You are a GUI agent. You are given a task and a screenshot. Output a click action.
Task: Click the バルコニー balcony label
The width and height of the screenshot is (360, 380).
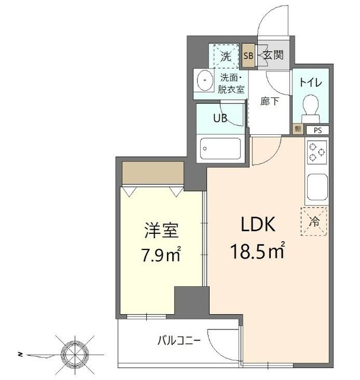[178, 341]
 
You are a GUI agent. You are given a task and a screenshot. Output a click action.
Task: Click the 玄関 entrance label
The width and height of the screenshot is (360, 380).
[274, 56]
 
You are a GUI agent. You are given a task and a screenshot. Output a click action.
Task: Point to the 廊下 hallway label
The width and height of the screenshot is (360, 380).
[270, 102]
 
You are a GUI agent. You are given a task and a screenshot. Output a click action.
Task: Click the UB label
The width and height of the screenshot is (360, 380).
[220, 118]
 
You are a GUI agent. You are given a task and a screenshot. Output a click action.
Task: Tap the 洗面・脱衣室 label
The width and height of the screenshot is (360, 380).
[232, 84]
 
